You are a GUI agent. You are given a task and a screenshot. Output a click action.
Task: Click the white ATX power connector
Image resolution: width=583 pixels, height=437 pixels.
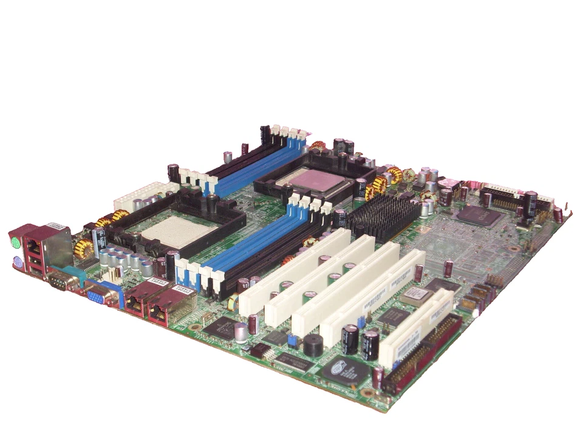135,195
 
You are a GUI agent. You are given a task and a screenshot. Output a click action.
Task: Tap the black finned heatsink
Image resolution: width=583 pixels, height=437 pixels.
381,215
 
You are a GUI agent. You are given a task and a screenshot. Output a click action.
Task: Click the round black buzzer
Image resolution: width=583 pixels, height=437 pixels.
313,344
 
